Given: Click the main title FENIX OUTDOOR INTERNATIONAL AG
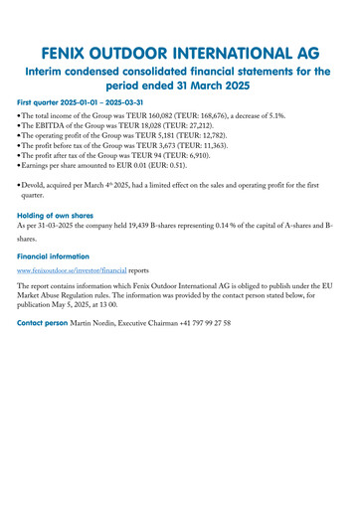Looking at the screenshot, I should click(x=180, y=52).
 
